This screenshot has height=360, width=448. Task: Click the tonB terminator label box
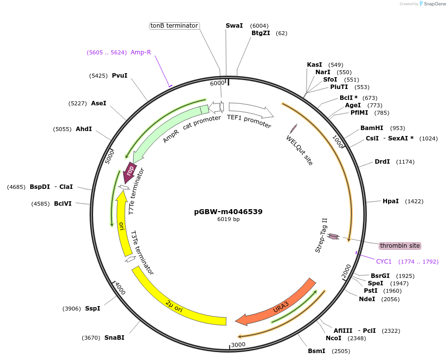pyautogui.click(x=174, y=25)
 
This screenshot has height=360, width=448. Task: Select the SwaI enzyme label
pyautogui.click(x=234, y=25)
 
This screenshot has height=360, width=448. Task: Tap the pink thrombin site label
pyautogui.click(x=400, y=246)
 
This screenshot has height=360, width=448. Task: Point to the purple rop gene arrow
pyautogui.click(x=130, y=172)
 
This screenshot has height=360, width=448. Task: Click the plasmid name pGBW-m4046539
pyautogui.click(x=228, y=212)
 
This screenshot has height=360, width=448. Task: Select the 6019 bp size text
pyautogui.click(x=228, y=219)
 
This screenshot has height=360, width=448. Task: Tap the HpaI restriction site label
pyautogui.click(x=391, y=201)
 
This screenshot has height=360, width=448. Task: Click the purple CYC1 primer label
pyautogui.click(x=384, y=262)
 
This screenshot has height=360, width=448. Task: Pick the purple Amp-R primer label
pyautogui.click(x=141, y=52)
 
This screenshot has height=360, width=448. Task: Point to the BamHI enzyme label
pyautogui.click(x=372, y=128)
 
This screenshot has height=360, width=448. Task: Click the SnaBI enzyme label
pyautogui.click(x=114, y=338)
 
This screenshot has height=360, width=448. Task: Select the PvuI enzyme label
pyautogui.click(x=119, y=76)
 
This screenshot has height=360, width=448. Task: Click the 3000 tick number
pyautogui.click(x=238, y=345)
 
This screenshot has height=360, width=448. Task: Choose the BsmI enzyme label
pyautogui.click(x=317, y=351)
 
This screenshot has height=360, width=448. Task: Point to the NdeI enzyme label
pyautogui.click(x=367, y=299)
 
